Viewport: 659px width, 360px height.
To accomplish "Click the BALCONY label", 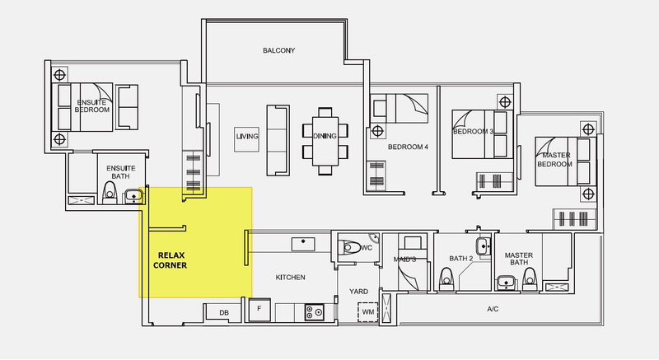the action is click(278, 50).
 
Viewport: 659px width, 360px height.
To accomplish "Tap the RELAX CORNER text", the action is click(171, 260).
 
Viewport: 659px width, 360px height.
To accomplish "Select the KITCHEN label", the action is click(291, 278).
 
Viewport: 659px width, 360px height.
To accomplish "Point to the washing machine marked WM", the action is click(368, 312).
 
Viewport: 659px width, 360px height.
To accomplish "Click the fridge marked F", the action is click(259, 310).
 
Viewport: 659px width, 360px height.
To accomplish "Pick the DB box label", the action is click(224, 313).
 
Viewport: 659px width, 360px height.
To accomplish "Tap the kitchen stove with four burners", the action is click(315, 312).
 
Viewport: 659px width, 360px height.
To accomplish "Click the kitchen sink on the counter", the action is click(303, 244).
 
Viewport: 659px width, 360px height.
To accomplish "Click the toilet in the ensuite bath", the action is click(110, 193).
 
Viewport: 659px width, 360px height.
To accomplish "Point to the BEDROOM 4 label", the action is click(408, 147).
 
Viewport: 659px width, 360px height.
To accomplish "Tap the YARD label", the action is click(358, 292).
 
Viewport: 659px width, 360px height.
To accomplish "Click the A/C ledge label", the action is click(493, 309).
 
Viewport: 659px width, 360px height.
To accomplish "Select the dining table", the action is click(325, 141).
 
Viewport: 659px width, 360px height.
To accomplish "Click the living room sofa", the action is click(278, 140).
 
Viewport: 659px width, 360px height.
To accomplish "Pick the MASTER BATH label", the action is click(519, 259).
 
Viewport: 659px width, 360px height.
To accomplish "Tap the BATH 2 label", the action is click(461, 259).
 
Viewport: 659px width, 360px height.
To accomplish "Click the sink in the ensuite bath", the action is click(133, 197).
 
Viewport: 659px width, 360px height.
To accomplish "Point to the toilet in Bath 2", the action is click(446, 279).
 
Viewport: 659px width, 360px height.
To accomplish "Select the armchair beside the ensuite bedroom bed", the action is click(127, 107).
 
